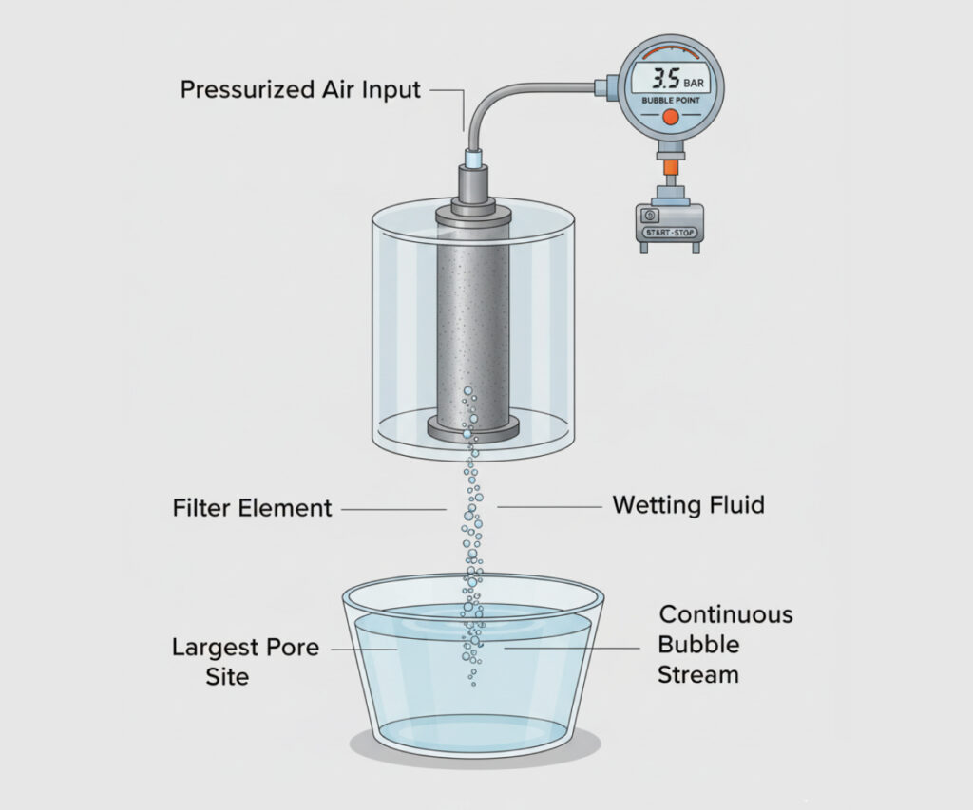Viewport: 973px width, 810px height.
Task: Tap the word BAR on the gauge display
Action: click(694, 83)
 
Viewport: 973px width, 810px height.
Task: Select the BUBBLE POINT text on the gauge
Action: click(670, 101)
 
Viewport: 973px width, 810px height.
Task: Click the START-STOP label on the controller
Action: click(670, 233)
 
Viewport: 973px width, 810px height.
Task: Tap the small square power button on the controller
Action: click(650, 216)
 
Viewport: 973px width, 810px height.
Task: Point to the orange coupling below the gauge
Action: click(669, 167)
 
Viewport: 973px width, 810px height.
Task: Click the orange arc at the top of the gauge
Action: click(670, 50)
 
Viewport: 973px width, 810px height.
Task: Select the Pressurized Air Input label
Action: click(300, 90)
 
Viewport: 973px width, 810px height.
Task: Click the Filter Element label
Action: click(252, 508)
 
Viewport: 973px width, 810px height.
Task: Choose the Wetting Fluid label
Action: click(688, 504)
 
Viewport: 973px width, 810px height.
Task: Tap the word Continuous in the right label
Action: click(726, 614)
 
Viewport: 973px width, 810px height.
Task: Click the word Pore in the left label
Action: click(292, 647)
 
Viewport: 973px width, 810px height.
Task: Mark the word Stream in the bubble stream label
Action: click(698, 674)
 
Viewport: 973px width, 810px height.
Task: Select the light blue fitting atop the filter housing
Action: click(473, 158)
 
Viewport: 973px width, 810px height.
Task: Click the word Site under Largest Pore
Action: click(227, 676)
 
